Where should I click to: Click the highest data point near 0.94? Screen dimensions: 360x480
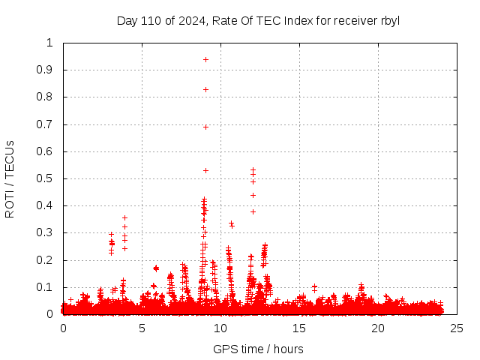[205, 59]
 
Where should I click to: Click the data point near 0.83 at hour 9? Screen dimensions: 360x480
[205, 89]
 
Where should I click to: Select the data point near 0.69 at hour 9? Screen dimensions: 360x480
[205, 127]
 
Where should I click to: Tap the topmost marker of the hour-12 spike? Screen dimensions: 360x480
[253, 170]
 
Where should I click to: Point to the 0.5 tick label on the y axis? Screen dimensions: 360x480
[47, 178]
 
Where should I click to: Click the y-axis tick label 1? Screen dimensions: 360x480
[50, 43]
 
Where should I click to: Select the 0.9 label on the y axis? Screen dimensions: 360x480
[47, 70]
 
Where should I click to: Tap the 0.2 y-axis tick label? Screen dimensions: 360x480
[47, 260]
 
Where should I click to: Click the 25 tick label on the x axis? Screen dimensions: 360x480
[457, 328]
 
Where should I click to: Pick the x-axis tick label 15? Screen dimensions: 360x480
[299, 328]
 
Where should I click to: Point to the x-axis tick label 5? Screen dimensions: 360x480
[142, 328]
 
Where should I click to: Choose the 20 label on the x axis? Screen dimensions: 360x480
[378, 328]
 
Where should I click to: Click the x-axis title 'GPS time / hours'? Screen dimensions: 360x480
[258, 349]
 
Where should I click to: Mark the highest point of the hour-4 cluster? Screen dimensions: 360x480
[125, 218]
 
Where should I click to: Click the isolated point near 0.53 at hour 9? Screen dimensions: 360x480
[205, 170]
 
